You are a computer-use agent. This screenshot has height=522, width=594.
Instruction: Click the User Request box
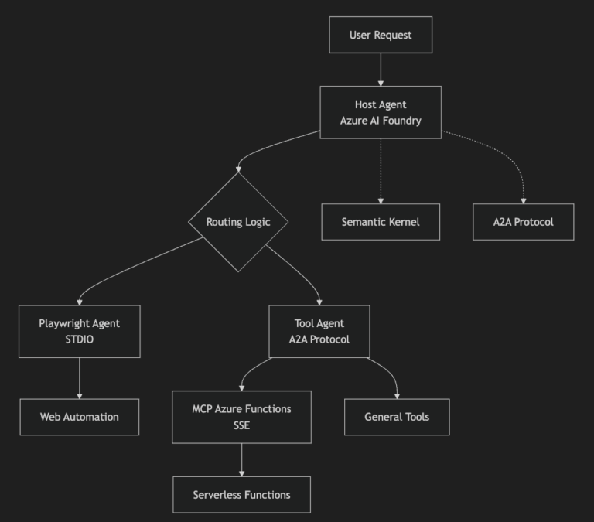[x=381, y=35]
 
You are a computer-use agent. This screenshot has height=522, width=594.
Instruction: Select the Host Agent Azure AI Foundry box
[x=381, y=112]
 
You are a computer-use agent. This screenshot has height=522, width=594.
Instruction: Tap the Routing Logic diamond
[x=238, y=222]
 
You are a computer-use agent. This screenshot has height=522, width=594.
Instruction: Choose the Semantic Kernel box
[x=381, y=222]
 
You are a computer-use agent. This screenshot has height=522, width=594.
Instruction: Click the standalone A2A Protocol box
[x=523, y=222]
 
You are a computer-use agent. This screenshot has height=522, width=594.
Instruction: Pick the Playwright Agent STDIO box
[x=80, y=332]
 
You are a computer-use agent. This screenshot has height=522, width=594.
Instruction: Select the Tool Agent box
[x=319, y=332]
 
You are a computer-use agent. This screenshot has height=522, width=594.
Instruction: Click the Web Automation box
[x=80, y=417]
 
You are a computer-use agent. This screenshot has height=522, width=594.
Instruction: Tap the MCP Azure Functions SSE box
[x=241, y=417]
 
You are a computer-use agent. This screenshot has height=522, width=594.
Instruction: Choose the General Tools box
[x=397, y=417]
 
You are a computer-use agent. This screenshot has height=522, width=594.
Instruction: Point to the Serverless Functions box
[x=241, y=495]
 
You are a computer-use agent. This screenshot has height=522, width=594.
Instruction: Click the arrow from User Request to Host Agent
[x=381, y=70]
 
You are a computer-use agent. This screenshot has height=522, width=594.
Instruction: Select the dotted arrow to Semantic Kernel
[x=381, y=171]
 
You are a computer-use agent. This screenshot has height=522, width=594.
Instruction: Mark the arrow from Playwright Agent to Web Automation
[x=80, y=378]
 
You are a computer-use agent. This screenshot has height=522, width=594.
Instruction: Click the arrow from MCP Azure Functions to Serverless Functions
[x=241, y=460]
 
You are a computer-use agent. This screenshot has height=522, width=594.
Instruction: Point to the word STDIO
[x=80, y=339]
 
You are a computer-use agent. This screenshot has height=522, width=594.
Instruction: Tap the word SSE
[x=241, y=425]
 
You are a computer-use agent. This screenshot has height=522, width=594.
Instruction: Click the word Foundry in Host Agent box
[x=402, y=121]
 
